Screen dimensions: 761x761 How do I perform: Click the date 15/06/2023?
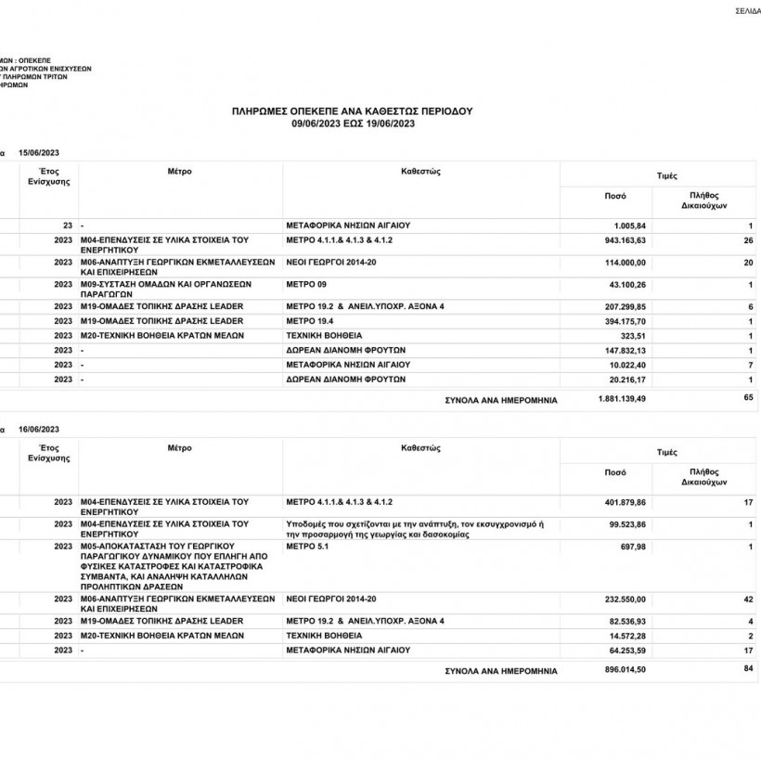pos(39,152)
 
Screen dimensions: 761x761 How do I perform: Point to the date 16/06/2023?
pos(39,429)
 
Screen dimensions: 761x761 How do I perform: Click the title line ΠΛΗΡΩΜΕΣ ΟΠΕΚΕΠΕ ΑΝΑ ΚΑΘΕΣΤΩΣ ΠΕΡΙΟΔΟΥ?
pos(352,110)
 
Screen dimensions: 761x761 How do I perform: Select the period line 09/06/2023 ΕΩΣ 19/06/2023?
pos(352,123)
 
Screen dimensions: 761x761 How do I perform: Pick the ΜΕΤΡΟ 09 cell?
pos(307,284)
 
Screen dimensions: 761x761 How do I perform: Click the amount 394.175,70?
pos(624,320)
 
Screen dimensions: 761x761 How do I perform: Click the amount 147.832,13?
pos(624,350)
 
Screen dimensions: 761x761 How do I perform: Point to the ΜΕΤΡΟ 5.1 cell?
pos(308,547)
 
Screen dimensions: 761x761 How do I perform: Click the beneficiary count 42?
pos(748,600)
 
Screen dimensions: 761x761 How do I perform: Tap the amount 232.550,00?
pos(624,600)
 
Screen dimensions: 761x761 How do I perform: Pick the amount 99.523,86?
pos(626,524)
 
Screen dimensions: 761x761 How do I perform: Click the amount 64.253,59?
pos(626,651)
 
